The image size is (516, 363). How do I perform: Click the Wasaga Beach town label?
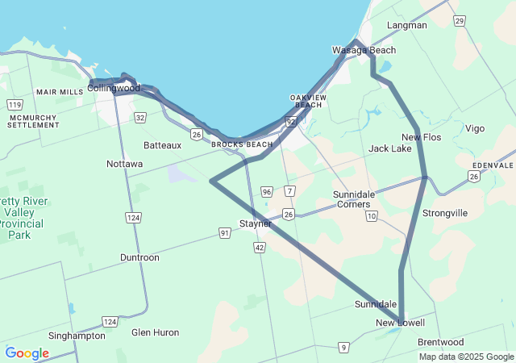pyautogui.click(x=364, y=50)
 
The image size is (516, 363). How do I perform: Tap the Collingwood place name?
pyautogui.click(x=114, y=88)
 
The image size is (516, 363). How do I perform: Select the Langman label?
pyautogui.click(x=407, y=25)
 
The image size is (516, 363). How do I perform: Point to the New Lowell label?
pyautogui.click(x=400, y=323)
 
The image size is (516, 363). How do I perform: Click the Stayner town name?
pyautogui.click(x=255, y=223)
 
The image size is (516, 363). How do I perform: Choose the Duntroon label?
pyautogui.click(x=139, y=257)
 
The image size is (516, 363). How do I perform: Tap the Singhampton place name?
pyautogui.click(x=77, y=336)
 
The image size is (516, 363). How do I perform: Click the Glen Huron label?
pyautogui.click(x=156, y=332)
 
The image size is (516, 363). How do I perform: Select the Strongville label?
pyautogui.click(x=445, y=213)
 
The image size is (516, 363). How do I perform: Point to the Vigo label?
pyautogui.click(x=475, y=128)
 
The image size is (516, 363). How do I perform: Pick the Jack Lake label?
pyautogui.click(x=390, y=148)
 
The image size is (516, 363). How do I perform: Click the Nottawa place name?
pyautogui.click(x=125, y=164)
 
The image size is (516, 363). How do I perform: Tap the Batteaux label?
pyautogui.click(x=163, y=145)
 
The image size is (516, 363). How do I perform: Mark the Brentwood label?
pyautogui.click(x=441, y=342)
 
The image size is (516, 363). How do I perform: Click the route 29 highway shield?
pyautogui.click(x=459, y=20)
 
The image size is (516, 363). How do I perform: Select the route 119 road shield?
pyautogui.click(x=15, y=105)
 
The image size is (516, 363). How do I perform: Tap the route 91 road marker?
pyautogui.click(x=225, y=232)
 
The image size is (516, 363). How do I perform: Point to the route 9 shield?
pyautogui.click(x=343, y=348)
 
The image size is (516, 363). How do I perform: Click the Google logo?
pyautogui.click(x=27, y=353)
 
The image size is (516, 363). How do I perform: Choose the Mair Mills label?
pyautogui.click(x=60, y=92)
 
